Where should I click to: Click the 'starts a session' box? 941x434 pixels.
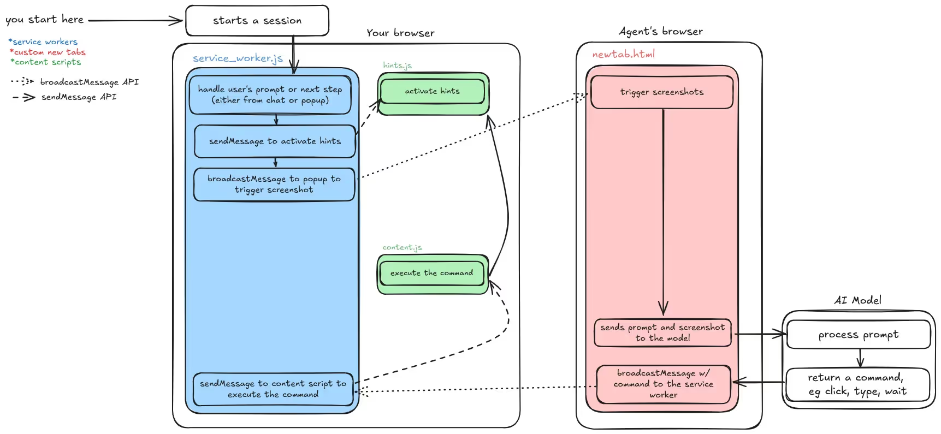(257, 21)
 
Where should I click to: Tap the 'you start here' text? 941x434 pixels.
(44, 20)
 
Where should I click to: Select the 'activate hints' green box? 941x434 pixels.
(432, 91)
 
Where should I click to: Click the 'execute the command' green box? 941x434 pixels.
(431, 273)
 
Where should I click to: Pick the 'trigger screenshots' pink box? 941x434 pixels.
(661, 92)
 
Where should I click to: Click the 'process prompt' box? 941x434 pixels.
(858, 335)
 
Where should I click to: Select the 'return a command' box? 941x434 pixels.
(857, 384)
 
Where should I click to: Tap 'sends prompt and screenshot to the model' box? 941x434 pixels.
(662, 332)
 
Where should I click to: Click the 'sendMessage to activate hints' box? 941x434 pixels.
(275, 141)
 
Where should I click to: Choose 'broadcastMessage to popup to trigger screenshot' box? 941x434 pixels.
(274, 185)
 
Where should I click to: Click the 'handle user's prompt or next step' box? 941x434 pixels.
(270, 95)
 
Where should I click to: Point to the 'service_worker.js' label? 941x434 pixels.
(238, 58)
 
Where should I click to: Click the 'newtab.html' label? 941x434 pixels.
(623, 55)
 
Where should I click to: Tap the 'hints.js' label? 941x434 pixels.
(397, 66)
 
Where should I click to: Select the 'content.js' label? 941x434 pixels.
(402, 247)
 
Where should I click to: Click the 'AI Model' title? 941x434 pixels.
(857, 300)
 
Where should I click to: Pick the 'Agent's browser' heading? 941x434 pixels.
(660, 32)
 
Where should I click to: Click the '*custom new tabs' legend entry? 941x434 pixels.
(48, 52)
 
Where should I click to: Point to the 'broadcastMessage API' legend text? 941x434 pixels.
(89, 82)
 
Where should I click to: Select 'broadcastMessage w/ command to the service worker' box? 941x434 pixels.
(663, 384)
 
